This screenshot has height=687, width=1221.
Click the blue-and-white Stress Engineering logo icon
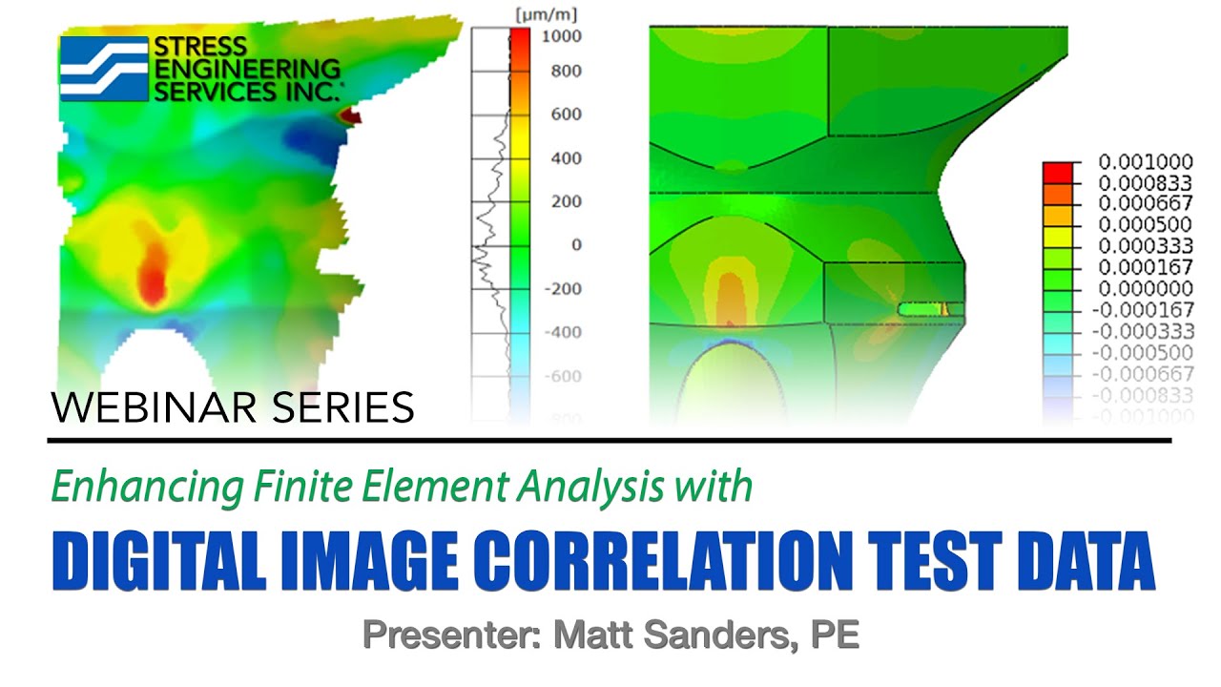[x=104, y=69]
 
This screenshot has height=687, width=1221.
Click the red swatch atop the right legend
[x=1056, y=172]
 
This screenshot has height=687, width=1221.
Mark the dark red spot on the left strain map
[x=350, y=116]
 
